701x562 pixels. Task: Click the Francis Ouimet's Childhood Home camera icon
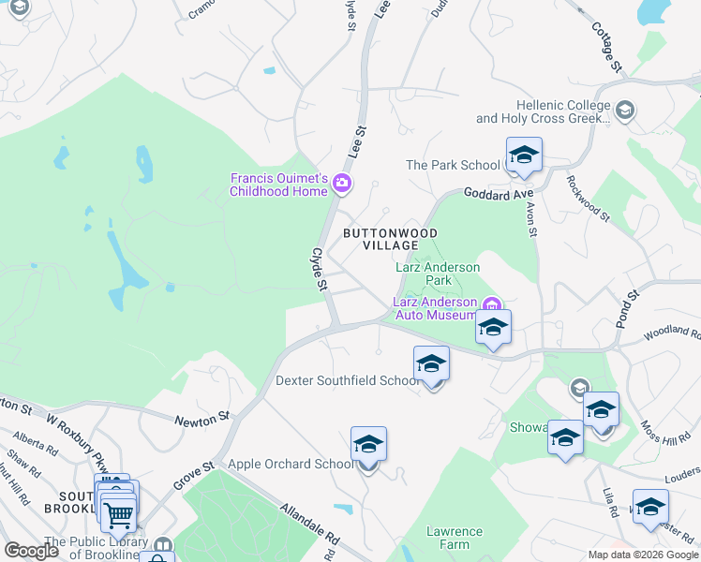coord(342,183)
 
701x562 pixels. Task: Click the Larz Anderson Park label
coord(437,274)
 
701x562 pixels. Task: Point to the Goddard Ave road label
coord(493,194)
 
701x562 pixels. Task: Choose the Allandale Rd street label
coord(308,525)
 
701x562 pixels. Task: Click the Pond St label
coord(627,308)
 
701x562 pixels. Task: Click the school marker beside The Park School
coord(523,155)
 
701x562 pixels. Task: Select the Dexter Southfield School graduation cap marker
coord(431,363)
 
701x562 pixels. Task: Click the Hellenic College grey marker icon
coord(624,112)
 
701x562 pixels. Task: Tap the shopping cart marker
coord(119,514)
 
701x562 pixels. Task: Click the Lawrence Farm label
coord(455,538)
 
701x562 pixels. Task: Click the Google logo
coord(32,551)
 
